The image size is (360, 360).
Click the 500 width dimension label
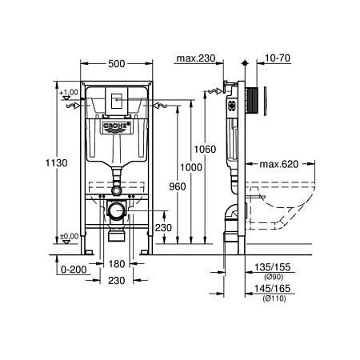pos(117,64)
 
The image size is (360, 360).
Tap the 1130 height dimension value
pos(57,162)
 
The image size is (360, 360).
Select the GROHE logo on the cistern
pos(117,126)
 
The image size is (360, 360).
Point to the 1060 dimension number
pos(205,149)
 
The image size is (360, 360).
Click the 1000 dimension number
pos(191,167)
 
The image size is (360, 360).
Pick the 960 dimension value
pos(178,186)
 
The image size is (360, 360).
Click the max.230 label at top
pos(196,58)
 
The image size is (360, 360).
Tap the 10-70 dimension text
pos(278,58)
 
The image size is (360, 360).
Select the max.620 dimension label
pos(279,164)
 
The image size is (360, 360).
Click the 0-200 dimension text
pos(74,270)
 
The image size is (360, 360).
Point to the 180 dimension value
pos(117,264)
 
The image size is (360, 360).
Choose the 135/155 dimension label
pos(272,267)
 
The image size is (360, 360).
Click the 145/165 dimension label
pos(272,288)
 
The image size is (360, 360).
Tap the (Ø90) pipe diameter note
pos(274,277)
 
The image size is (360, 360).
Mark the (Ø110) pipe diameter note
pos(274,298)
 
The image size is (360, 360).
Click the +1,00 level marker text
pos(69,93)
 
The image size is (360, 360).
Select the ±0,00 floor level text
pos(69,236)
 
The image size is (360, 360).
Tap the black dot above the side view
pos(245,63)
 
